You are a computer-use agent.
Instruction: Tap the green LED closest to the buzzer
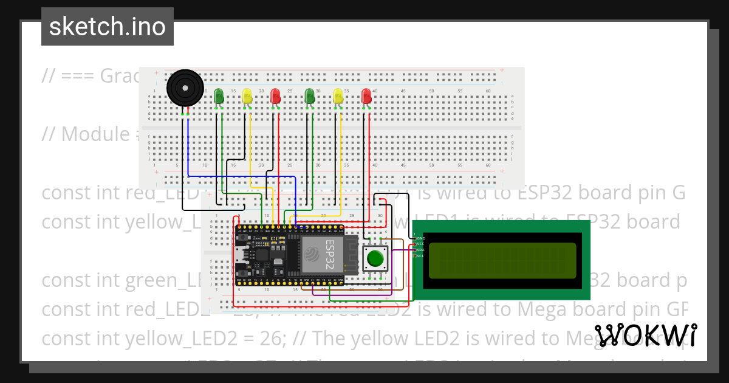coord(219,95)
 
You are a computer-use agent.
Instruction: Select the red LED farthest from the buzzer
coord(366,96)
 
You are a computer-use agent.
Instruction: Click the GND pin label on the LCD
coord(420,238)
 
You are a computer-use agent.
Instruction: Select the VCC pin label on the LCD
coord(420,244)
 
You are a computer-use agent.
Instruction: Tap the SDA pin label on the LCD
coord(420,250)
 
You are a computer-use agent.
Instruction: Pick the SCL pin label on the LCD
coord(420,256)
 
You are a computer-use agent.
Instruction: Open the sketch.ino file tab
coord(108,27)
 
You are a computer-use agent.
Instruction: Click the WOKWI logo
coord(645,335)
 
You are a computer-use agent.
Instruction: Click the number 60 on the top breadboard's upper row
coord(488,91)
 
